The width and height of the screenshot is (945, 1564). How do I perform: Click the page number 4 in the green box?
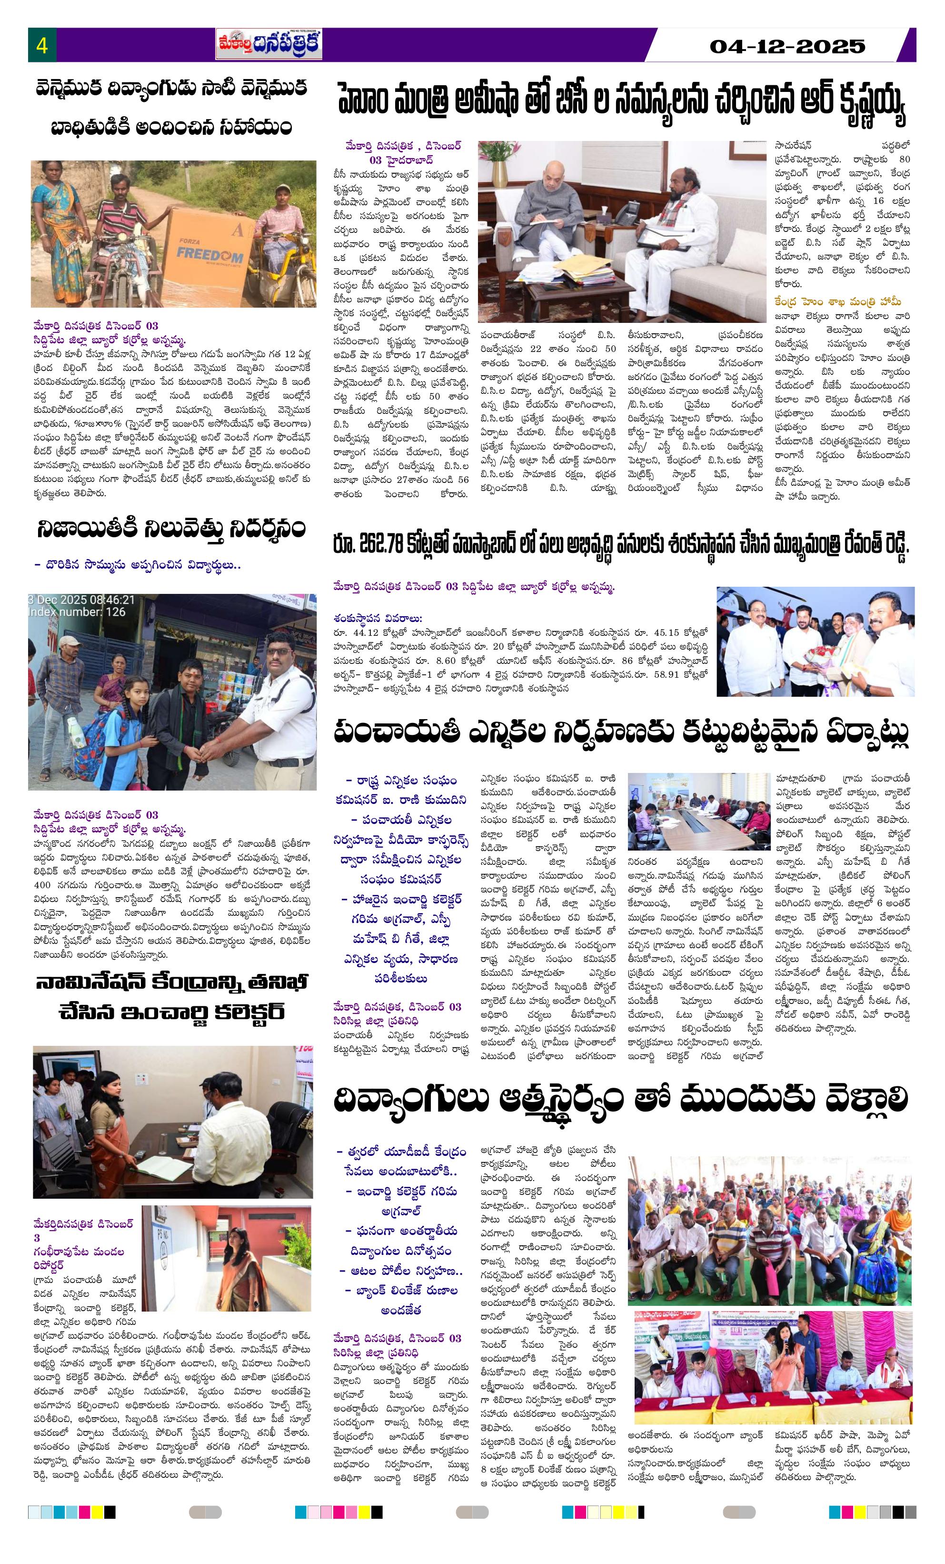pyautogui.click(x=42, y=46)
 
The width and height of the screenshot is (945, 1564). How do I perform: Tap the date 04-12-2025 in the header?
pyautogui.click(x=786, y=46)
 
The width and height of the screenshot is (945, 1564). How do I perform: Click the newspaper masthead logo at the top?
pyautogui.click(x=269, y=44)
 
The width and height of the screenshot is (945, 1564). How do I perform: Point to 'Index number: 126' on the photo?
pyautogui.click(x=76, y=612)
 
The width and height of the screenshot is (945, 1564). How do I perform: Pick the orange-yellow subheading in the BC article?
pyautogui.click(x=837, y=302)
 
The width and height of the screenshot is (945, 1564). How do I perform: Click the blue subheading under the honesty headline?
pyautogui.click(x=137, y=564)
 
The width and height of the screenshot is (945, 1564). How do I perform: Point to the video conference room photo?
pyautogui.click(x=697, y=811)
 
